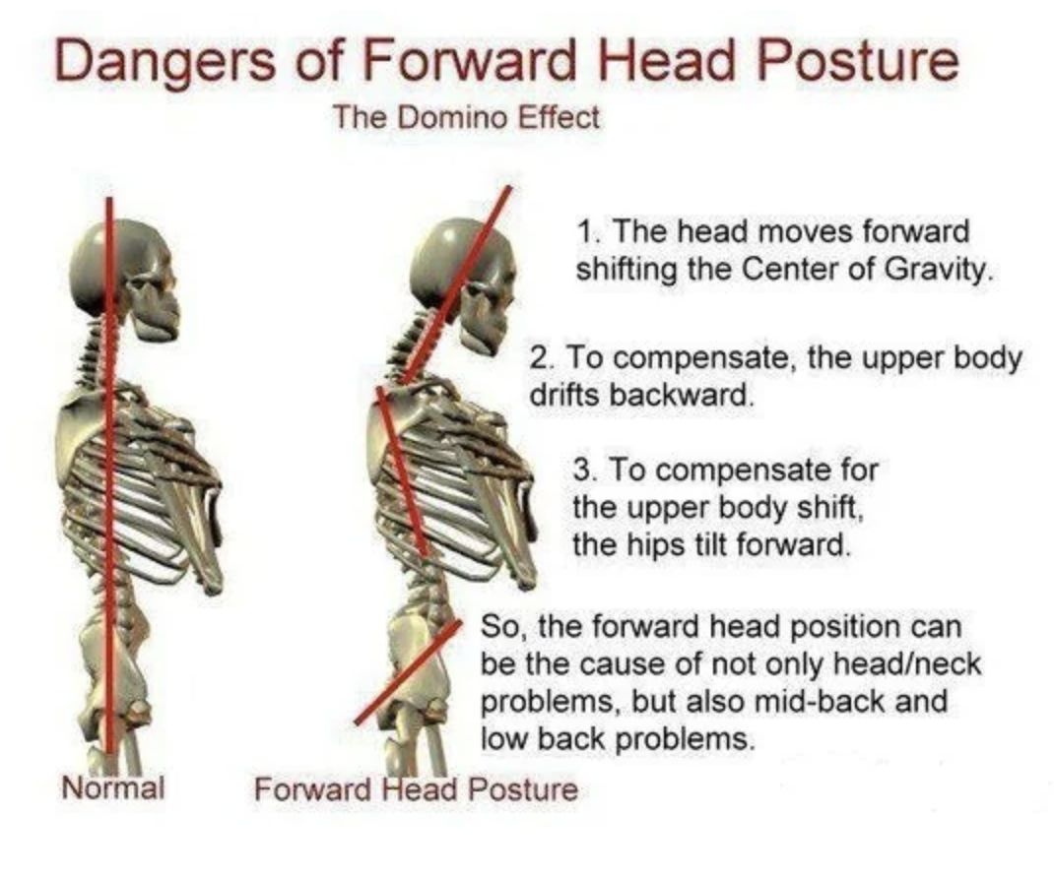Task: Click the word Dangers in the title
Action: click(165, 61)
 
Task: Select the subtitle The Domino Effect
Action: click(465, 118)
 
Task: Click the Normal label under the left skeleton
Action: click(113, 786)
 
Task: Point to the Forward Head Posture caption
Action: click(416, 788)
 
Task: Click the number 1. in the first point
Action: click(587, 231)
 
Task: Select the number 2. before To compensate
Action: click(543, 357)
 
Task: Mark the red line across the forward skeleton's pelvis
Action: click(408, 673)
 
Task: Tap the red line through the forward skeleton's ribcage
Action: click(402, 472)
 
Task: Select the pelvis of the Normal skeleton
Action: click(114, 665)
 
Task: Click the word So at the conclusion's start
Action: click(498, 627)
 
